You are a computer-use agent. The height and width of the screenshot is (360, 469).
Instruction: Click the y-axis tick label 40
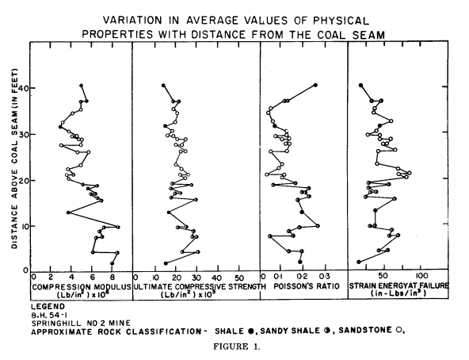tap(22, 88)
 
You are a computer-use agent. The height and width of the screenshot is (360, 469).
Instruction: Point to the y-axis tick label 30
tap(22, 134)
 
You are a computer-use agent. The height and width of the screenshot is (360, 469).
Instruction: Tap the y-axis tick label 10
tap(22, 226)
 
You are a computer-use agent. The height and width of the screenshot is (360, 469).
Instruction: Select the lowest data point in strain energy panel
tap(358, 262)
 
